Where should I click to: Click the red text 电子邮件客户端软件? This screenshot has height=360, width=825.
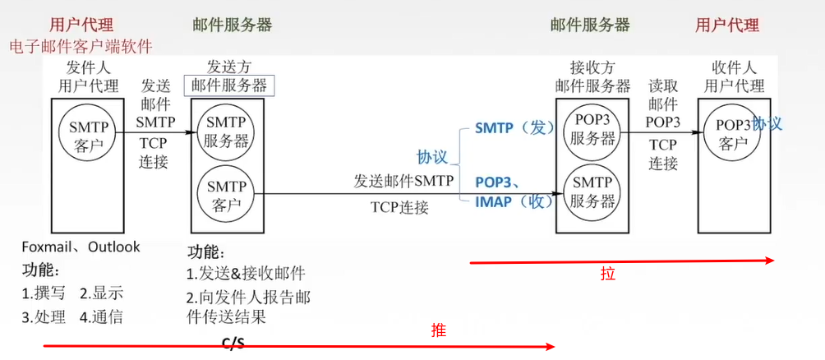[x=81, y=46]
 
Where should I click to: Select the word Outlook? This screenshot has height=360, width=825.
[x=114, y=247]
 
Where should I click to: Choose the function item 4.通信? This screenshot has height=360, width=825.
[x=101, y=316]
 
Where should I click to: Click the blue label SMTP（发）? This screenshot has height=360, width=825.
[x=510, y=128]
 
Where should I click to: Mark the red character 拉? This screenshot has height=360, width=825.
[x=607, y=274]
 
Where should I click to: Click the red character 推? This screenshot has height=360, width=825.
[x=439, y=330]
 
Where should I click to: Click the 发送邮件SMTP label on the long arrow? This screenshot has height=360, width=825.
[x=403, y=181]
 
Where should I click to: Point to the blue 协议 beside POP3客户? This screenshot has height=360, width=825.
[x=767, y=123]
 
